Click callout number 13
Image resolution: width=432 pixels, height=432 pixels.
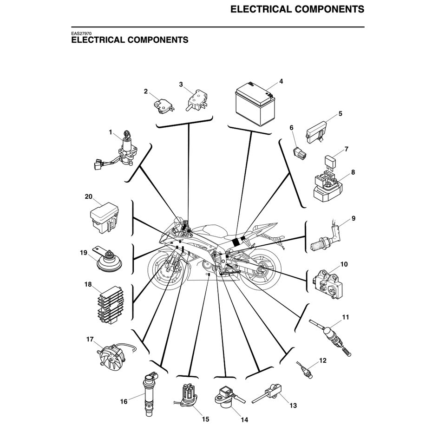click(x=293, y=406)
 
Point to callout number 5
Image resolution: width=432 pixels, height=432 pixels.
click(x=340, y=113)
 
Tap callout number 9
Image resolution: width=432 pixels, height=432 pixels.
click(x=353, y=218)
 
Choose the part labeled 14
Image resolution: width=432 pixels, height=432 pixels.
click(x=226, y=397)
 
